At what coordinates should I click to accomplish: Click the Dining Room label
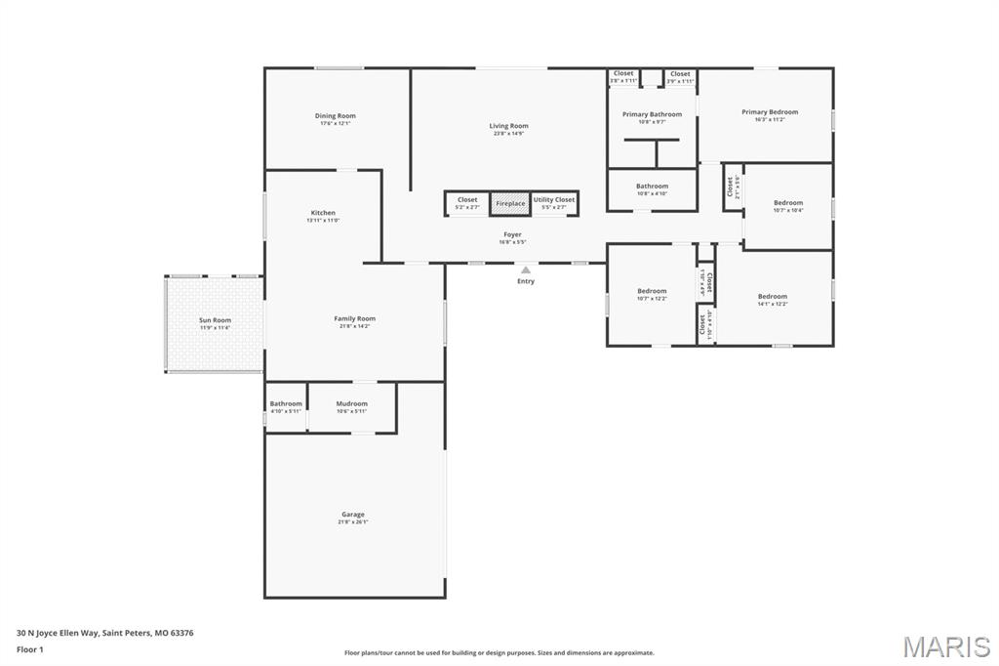[335, 116]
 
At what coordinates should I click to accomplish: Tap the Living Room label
[508, 126]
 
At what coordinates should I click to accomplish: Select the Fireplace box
[510, 203]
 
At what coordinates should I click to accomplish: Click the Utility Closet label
[554, 199]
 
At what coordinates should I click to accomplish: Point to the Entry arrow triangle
[526, 270]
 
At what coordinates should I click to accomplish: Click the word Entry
[526, 281]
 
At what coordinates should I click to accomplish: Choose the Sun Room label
[215, 320]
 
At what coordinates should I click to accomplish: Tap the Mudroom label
[351, 403]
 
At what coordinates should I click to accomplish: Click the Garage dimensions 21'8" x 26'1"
[353, 522]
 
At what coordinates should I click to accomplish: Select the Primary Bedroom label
[769, 112]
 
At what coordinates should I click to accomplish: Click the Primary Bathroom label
[652, 114]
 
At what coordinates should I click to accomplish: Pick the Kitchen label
[323, 213]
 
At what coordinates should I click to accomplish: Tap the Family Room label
[354, 318]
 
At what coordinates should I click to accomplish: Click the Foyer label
[512, 234]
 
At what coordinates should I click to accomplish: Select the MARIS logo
[945, 646]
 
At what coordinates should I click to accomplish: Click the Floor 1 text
[29, 648]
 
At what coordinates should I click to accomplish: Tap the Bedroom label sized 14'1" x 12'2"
[772, 296]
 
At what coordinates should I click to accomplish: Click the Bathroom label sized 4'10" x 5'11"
[286, 403]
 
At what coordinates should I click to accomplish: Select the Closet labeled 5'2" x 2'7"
[467, 199]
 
